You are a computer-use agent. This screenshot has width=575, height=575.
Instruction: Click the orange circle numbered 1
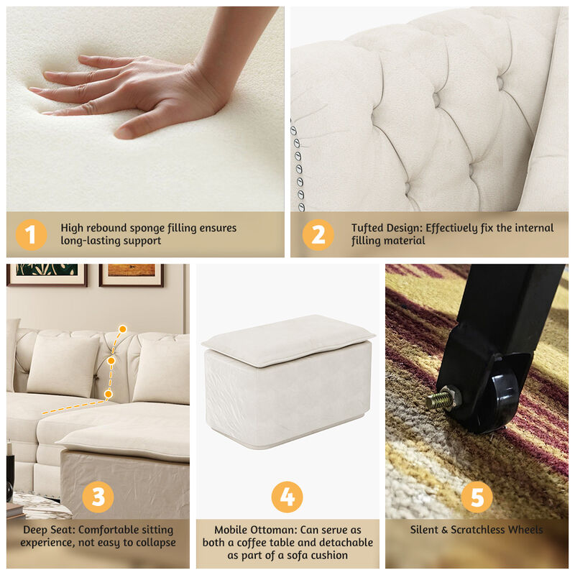pyautogui.click(x=30, y=234)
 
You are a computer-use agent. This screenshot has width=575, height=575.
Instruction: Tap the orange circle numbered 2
pyautogui.click(x=318, y=234)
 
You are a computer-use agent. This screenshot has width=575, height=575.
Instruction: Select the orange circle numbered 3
pyautogui.click(x=98, y=497)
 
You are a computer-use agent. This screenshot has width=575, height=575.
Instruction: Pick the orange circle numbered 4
pyautogui.click(x=287, y=497)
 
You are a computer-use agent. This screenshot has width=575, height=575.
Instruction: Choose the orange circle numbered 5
pyautogui.click(x=477, y=497)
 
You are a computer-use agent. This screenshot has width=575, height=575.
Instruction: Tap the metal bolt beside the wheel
pyautogui.click(x=439, y=397)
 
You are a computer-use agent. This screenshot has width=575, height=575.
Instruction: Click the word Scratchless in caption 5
pyautogui.click(x=479, y=530)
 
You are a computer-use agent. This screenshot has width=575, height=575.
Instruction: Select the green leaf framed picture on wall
pyautogui.click(x=47, y=273)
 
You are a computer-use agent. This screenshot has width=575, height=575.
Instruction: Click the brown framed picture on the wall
pyautogui.click(x=131, y=274)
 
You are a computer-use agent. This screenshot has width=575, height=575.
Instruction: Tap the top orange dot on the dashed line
pyautogui.click(x=122, y=329)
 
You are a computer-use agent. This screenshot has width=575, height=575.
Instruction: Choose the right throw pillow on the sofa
pyautogui.click(x=162, y=370)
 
